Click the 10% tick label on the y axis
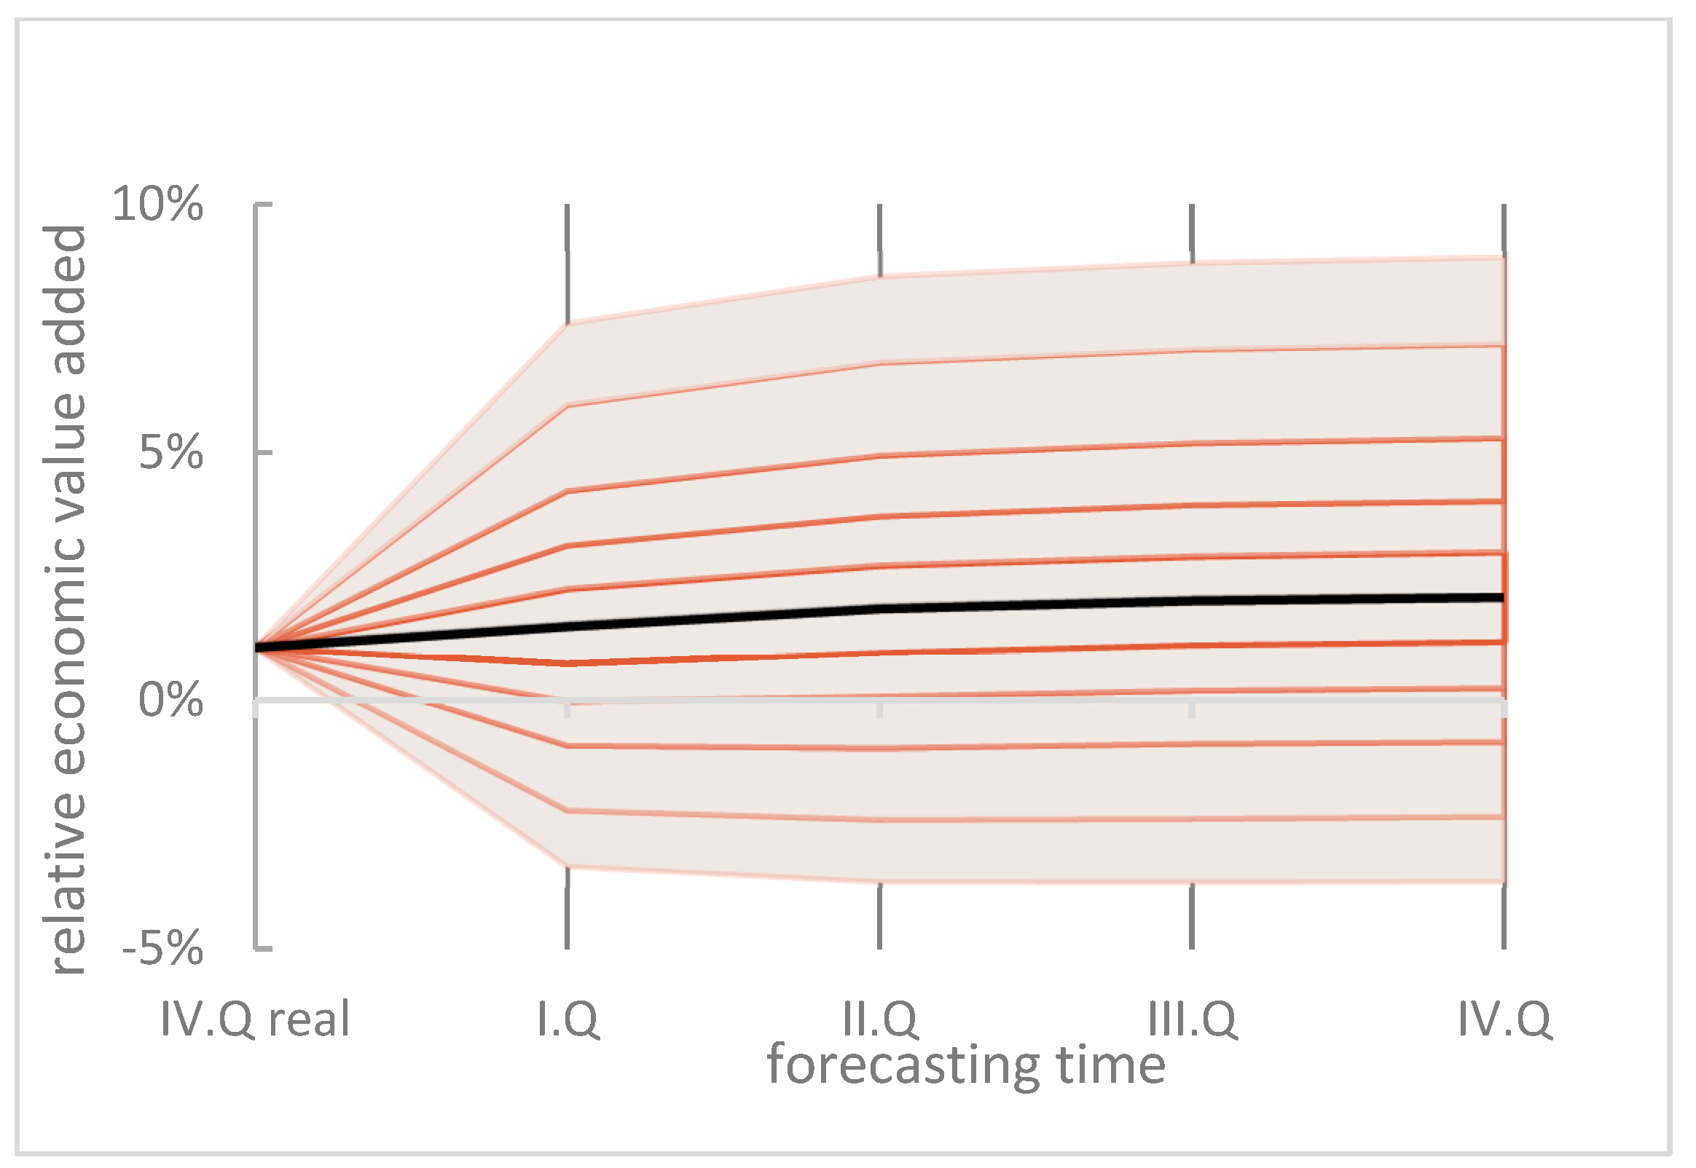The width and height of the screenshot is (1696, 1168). pyautogui.click(x=157, y=204)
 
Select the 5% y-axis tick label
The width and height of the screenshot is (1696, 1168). pyautogui.click(x=170, y=453)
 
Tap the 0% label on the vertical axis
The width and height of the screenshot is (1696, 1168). pyautogui.click(x=170, y=701)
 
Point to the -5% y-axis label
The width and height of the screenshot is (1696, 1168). pyautogui.click(x=162, y=950)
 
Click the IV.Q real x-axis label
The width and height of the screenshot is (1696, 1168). pyautogui.click(x=255, y=1019)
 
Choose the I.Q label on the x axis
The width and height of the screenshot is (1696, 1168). pyautogui.click(x=568, y=1019)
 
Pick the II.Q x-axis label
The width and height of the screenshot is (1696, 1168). pyautogui.click(x=880, y=1019)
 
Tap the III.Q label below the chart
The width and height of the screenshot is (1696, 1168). pyautogui.click(x=1193, y=1019)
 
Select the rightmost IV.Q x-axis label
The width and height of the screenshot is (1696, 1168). pyautogui.click(x=1504, y=1019)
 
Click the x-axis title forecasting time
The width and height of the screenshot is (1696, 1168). pyautogui.click(x=966, y=1065)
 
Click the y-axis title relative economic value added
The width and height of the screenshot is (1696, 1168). pyautogui.click(x=66, y=600)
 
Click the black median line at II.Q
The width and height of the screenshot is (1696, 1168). pyautogui.click(x=880, y=608)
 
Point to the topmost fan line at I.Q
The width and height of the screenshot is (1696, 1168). pyautogui.click(x=568, y=323)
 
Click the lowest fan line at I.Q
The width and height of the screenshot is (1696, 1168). pyautogui.click(x=568, y=867)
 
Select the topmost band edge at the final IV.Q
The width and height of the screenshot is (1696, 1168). pyautogui.click(x=1502, y=259)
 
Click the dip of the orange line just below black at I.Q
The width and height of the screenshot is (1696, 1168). pyautogui.click(x=568, y=664)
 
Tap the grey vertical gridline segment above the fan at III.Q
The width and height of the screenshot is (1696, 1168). pyautogui.click(x=1193, y=233)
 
